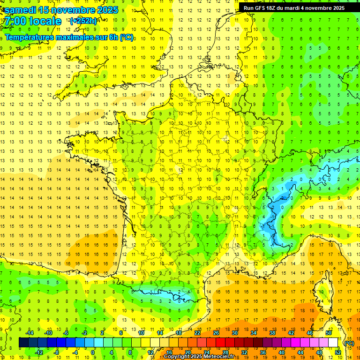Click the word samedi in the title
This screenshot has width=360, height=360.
[x=21, y=9]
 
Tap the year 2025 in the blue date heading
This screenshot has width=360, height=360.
[x=105, y=9]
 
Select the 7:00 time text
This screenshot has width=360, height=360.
[x=15, y=21]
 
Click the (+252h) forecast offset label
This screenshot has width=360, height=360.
[x=83, y=21]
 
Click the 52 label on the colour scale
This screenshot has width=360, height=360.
[x=338, y=352]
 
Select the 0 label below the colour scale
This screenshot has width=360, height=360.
[x=93, y=352]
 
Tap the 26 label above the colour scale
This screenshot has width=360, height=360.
[x=216, y=333]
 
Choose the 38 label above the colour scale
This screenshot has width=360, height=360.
[x=272, y=333]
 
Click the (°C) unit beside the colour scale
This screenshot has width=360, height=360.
[x=349, y=343]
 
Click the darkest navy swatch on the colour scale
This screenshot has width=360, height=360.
[x=23, y=343]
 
